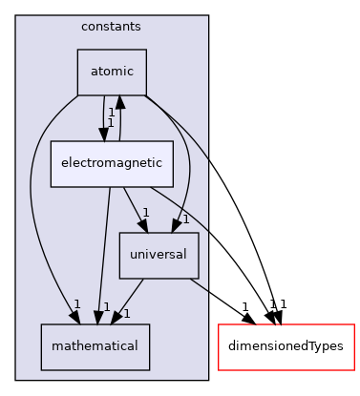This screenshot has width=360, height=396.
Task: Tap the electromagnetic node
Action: (112, 163)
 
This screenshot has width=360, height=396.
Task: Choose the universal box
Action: (159, 255)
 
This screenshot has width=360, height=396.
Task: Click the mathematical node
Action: (95, 345)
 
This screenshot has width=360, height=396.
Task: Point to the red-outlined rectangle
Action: (286, 346)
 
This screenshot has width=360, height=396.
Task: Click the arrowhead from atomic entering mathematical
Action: (77, 316)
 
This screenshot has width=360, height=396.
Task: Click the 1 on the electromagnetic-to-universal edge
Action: (145, 212)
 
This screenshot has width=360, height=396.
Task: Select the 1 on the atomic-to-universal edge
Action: (185, 219)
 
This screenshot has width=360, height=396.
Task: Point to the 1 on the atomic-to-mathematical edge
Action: (75, 303)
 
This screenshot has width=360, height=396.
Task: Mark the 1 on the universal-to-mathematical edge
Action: (127, 313)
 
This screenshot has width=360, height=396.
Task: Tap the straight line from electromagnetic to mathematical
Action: (104, 248)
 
